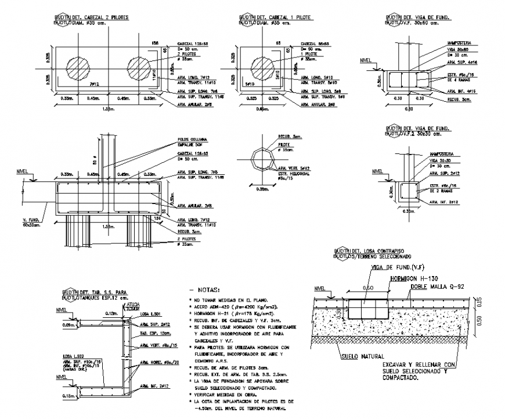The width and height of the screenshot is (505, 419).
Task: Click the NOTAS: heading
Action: pyautogui.click(x=204, y=289)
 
